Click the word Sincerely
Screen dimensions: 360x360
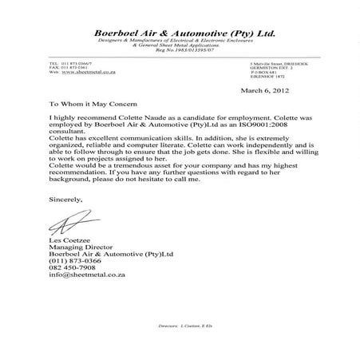pos(66,194)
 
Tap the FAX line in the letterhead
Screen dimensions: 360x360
pos(69,67)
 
